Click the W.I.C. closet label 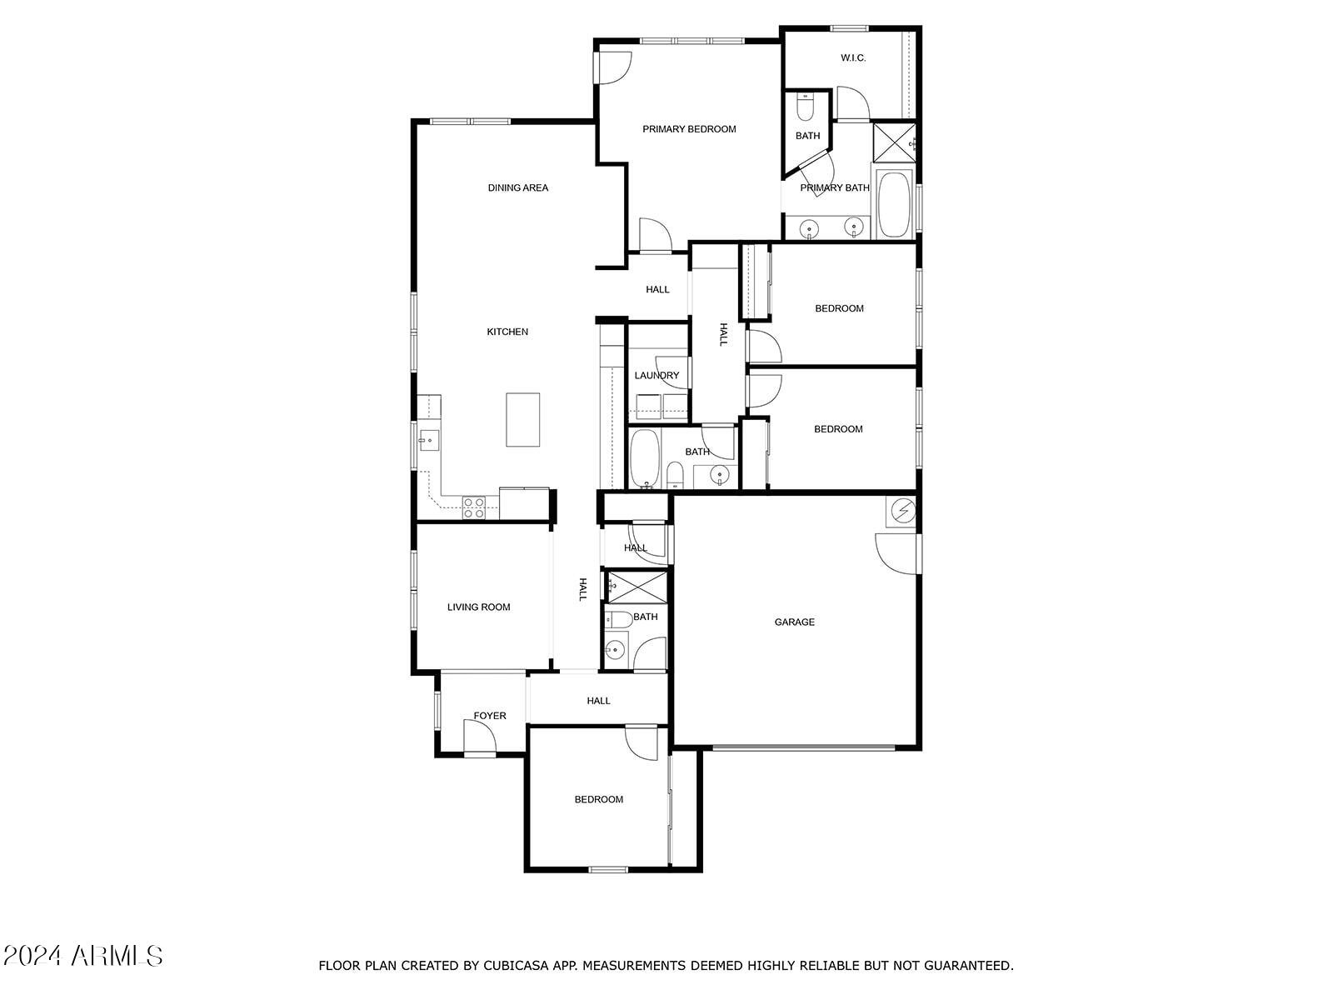(852, 57)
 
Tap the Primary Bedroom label (689, 129)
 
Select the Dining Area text (517, 187)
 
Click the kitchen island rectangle (523, 419)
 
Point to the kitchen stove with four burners (473, 507)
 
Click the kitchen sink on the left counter (429, 438)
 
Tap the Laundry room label (657, 375)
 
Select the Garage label (794, 622)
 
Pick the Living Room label (478, 607)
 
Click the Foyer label (490, 716)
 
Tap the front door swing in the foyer (479, 737)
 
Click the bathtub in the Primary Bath (895, 204)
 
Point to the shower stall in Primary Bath (893, 142)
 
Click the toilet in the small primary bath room (806, 107)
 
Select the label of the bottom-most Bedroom (598, 799)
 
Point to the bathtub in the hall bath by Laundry (645, 459)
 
